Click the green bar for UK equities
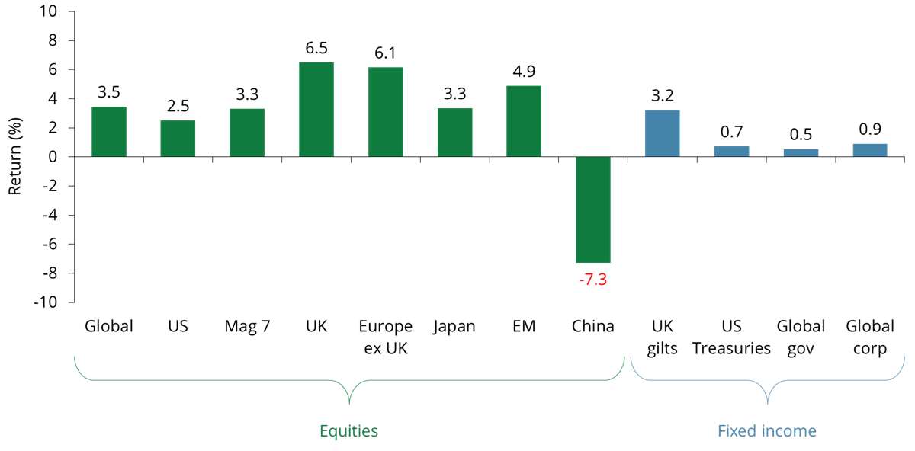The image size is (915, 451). point(316,110)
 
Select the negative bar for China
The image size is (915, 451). point(592,210)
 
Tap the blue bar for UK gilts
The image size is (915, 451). point(662,133)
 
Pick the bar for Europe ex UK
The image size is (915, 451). point(385,112)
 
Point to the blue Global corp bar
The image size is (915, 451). point(870,150)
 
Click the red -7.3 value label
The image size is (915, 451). point(592,279)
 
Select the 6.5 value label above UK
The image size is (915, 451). point(316,48)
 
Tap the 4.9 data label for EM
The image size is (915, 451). point(524,72)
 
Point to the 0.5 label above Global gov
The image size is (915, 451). point(801,135)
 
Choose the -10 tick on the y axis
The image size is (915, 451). point(45,302)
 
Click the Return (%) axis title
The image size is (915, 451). point(14,156)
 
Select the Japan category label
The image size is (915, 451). point(454,327)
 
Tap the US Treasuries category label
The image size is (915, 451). point(731,337)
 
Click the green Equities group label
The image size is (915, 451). point(348,431)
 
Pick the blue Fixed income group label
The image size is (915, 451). point(766,431)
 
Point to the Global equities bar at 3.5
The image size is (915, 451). point(109,132)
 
